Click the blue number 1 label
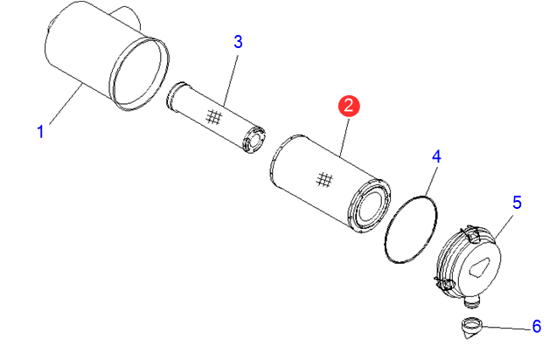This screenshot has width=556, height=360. pos(40,131)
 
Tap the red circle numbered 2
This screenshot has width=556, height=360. pos(349,106)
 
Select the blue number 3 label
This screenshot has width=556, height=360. pos(238,42)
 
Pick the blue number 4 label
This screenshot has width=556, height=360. pos(436,156)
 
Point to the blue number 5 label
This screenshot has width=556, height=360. pos(517,203)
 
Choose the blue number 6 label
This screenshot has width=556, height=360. pos(537,326)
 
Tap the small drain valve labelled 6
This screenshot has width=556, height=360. pos(472,328)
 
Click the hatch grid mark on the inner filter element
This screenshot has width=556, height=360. pos(214,117)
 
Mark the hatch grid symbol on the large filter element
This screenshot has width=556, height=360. pos(324,180)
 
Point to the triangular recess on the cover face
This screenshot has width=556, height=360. pos(480,267)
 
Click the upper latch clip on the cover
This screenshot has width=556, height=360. pos(471,234)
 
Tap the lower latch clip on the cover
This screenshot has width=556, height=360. pos(444,283)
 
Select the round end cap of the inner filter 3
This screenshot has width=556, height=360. pos(254,139)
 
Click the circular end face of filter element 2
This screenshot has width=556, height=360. pos(370,206)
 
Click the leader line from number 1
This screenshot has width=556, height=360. pos(66,104)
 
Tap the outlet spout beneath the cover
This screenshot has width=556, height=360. pos(472,301)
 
